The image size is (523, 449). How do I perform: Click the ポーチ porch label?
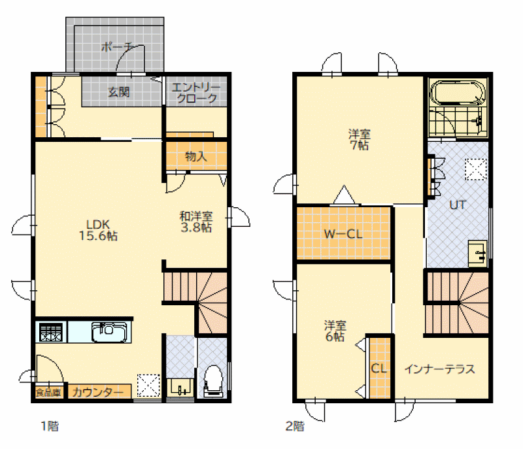118,46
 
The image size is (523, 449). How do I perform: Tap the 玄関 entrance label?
119,91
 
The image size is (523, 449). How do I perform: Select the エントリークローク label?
196,93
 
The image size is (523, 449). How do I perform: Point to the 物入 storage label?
196,156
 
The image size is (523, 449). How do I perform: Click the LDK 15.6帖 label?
98,230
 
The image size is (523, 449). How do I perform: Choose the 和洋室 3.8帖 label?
196,222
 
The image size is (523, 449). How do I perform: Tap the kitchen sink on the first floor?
109,332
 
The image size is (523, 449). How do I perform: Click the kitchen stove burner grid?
51,332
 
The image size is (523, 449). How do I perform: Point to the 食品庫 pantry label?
48,392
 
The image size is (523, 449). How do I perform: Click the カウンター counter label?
97,392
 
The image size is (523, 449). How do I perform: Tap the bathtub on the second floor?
458,92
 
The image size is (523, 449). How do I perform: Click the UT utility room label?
457,205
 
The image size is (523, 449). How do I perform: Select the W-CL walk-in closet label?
343,234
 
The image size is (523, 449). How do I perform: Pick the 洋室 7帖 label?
359,140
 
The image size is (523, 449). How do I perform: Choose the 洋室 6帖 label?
335,331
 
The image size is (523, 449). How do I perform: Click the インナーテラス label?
439,369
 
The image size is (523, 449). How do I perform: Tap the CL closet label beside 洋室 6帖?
379,369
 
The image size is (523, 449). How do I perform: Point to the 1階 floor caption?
50,426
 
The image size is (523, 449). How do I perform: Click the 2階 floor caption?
295,426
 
